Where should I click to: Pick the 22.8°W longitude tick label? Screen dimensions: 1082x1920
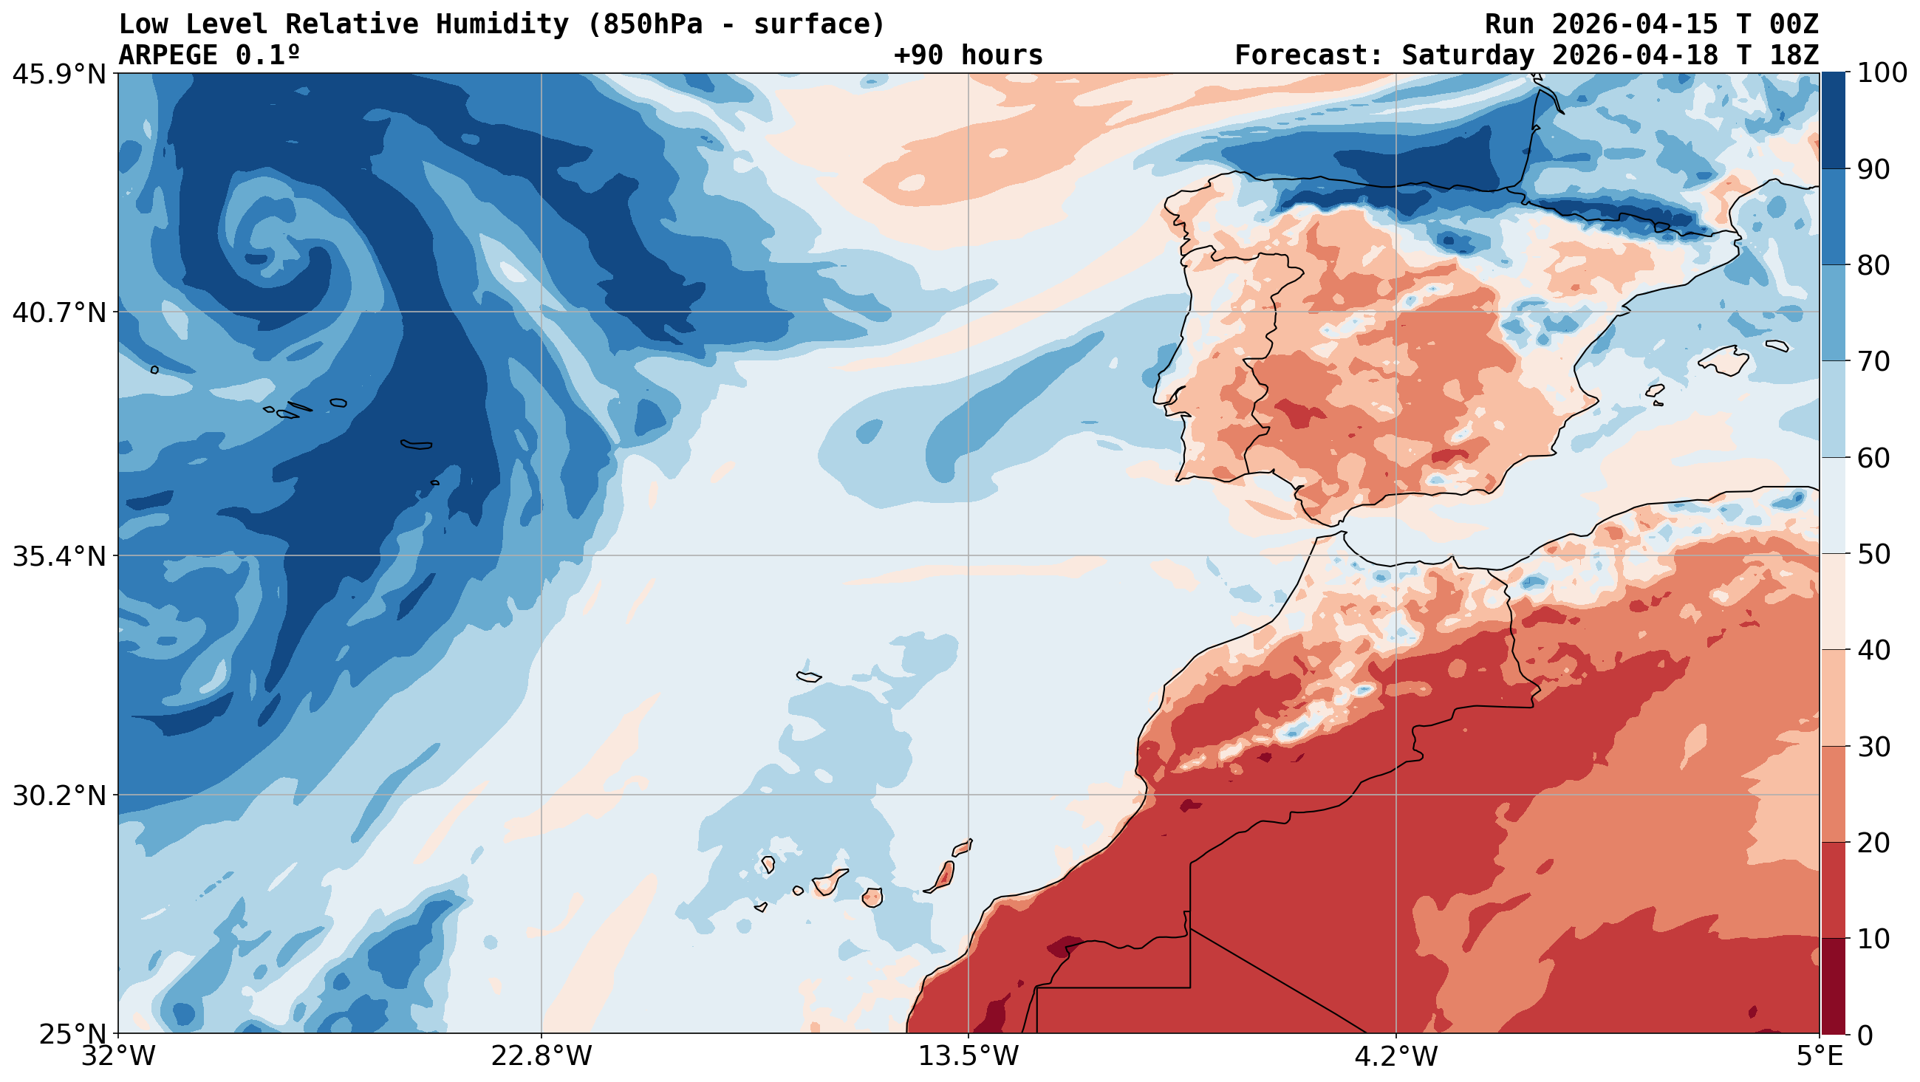541,1057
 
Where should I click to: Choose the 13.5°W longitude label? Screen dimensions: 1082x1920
968,1057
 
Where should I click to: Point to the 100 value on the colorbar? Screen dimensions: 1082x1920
1882,73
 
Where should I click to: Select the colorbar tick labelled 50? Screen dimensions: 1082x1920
1872,555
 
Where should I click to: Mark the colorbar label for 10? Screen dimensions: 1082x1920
1872,939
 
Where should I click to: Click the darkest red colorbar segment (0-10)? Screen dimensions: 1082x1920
1833,986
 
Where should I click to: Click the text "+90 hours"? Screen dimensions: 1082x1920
968,55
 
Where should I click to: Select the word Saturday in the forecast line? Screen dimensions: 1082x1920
1460,55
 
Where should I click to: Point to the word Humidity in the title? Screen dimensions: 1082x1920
502,24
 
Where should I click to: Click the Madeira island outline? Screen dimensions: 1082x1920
809,677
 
